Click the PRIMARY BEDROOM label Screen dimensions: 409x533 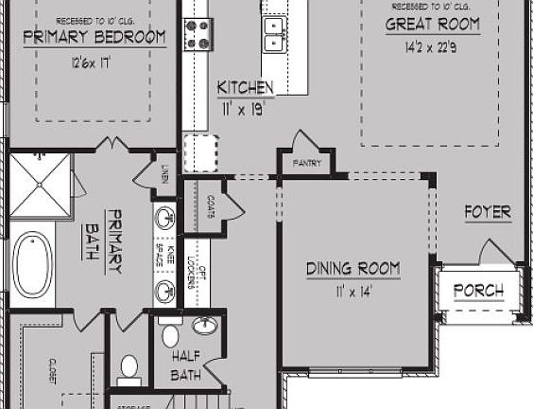(94, 38)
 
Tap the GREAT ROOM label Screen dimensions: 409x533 (432, 26)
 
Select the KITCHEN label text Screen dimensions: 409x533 (246, 88)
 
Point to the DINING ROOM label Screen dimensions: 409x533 (352, 269)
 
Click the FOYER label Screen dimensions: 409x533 (487, 212)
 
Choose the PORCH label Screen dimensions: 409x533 (478, 291)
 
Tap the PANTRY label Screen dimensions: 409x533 (307, 163)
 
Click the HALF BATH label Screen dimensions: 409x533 (185, 365)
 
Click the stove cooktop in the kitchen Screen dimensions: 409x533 (198, 32)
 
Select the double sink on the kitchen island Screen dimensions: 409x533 (275, 33)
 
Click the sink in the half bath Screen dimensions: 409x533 (205, 327)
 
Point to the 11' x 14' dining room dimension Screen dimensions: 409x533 (352, 291)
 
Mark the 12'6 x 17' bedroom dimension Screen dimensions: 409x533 (92, 62)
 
